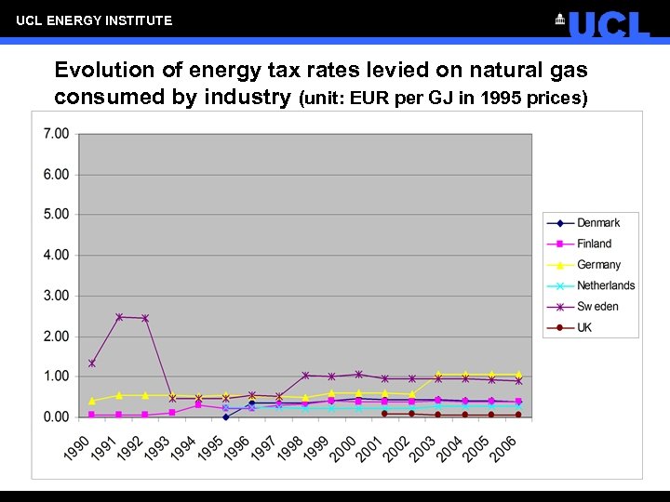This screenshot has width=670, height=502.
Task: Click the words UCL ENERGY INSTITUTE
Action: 94,20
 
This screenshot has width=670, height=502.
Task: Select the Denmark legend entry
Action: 597,223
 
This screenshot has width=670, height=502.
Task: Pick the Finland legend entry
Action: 594,244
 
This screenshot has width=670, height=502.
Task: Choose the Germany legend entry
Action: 598,265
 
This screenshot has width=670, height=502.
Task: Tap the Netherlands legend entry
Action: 605,285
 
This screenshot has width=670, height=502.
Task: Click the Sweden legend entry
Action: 597,306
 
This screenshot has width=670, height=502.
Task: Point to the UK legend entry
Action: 584,327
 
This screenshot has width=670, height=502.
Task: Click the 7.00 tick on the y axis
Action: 56,134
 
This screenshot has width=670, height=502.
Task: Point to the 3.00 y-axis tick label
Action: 56,296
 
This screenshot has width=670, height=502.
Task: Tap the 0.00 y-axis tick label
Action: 56,417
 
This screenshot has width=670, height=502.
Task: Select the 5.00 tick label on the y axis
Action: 56,214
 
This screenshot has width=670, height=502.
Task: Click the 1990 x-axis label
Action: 77,447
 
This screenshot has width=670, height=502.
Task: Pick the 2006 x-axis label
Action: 503,447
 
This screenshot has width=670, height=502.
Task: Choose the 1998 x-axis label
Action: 290,447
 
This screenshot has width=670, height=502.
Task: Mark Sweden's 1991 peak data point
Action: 119,317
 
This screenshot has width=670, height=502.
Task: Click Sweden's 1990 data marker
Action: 91,363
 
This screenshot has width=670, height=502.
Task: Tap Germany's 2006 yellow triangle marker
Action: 518,375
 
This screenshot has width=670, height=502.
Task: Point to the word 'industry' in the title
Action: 250,97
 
